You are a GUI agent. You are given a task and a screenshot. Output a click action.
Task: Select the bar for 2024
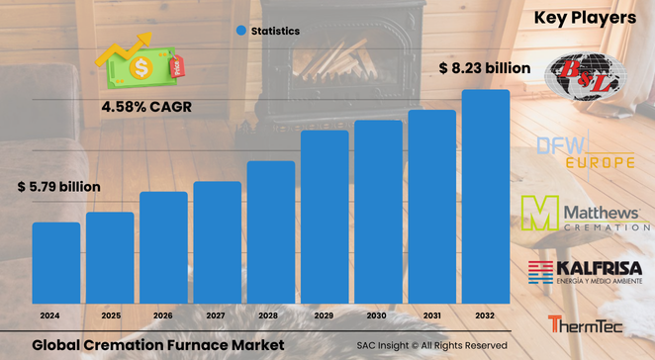[56, 262]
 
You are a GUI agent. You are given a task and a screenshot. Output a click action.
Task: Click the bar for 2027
[218, 242]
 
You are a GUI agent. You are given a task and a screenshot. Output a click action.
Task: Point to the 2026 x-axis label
[163, 315]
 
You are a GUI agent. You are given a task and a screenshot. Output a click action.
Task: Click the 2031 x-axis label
[432, 315]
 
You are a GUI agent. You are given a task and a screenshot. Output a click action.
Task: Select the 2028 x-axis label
[271, 315]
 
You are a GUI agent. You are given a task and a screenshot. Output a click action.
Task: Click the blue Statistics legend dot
[240, 32]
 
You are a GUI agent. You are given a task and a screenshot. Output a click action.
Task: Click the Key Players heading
[585, 17]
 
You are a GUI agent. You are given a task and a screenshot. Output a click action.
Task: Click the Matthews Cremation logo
[585, 214]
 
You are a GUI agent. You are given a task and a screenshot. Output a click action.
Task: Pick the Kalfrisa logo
[585, 272]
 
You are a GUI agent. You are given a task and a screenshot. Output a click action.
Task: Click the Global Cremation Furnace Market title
[150, 345]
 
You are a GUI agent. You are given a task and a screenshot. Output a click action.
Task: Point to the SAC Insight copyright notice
[432, 345]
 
